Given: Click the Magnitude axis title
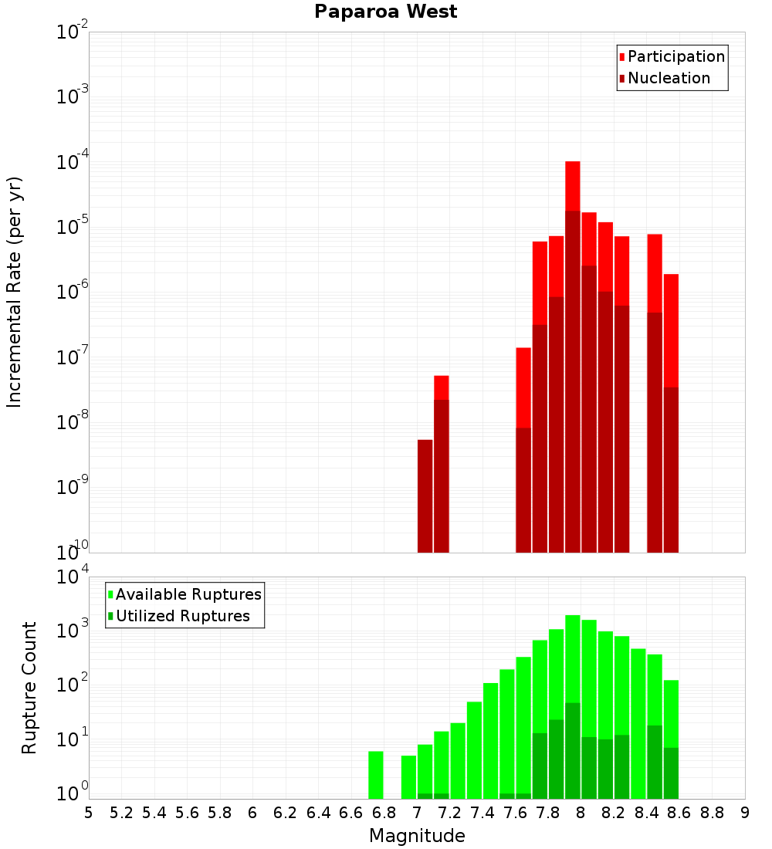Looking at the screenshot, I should [417, 836].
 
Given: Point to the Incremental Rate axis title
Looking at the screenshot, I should [15, 293].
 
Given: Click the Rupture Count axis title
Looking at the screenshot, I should [29, 688].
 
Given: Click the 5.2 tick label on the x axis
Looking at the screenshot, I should [122, 813].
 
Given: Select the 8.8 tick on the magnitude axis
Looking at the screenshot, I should [712, 813].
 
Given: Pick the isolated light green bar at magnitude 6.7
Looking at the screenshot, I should [376, 774].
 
